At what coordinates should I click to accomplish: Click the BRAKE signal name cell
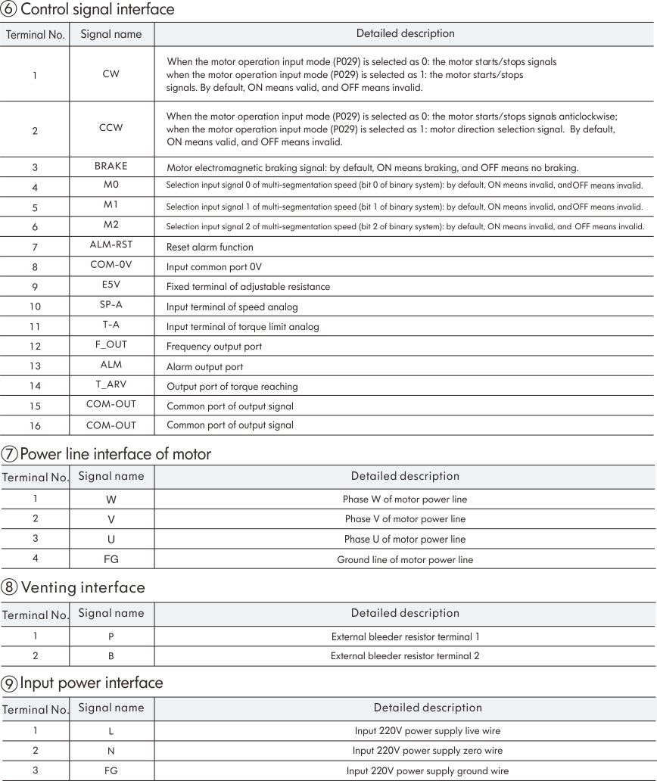click(x=111, y=166)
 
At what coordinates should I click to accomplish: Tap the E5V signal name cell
click(x=111, y=286)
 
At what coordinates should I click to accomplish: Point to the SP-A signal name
click(x=111, y=306)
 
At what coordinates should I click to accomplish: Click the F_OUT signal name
click(x=111, y=345)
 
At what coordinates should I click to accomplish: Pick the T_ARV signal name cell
click(x=111, y=385)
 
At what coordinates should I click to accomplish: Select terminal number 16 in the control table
click(x=35, y=426)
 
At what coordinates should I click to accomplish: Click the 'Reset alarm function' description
click(x=210, y=247)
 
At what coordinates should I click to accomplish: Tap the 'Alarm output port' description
click(x=204, y=367)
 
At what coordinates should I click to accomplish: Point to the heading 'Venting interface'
click(x=83, y=587)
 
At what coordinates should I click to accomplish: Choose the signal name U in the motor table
click(x=111, y=540)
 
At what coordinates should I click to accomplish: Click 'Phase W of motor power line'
click(x=405, y=499)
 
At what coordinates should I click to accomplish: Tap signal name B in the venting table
click(x=111, y=656)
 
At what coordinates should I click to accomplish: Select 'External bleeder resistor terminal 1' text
click(x=405, y=636)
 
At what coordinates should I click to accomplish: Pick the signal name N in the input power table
click(x=111, y=751)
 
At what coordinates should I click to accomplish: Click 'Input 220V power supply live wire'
click(x=428, y=731)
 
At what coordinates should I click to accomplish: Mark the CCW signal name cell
click(x=111, y=128)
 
